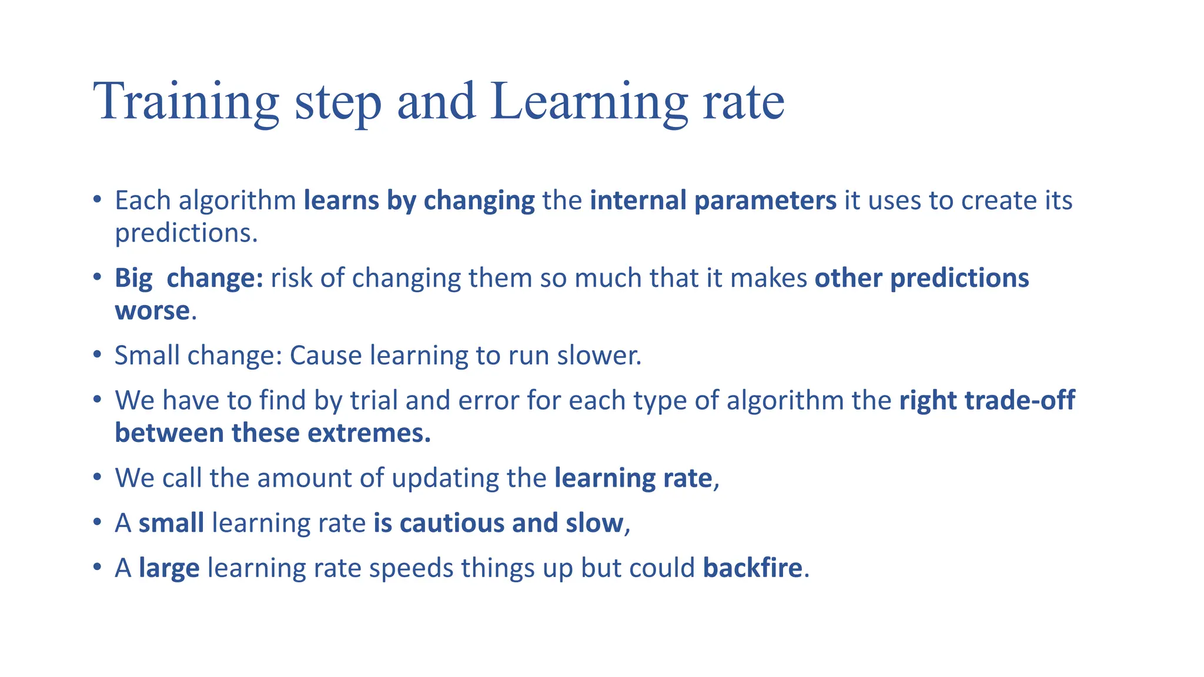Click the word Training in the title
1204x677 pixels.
[186, 102]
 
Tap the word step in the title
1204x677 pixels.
[337, 102]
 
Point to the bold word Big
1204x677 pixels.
[133, 279]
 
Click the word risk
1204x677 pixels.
[292, 278]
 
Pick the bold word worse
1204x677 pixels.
[152, 311]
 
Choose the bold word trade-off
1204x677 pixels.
[1019, 400]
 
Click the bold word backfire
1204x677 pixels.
[752, 568]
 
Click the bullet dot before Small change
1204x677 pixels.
[98, 355]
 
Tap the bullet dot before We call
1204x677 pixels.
[98, 477]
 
